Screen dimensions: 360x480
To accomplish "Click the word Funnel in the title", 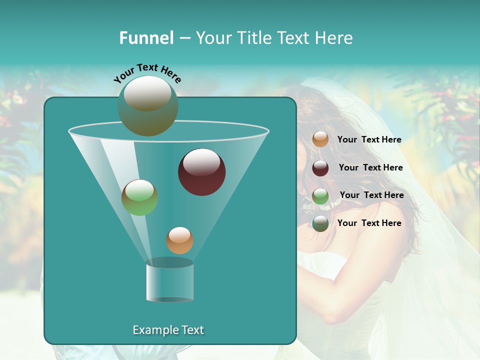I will tap(146, 38).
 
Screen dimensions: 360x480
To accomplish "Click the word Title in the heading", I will tap(253, 38).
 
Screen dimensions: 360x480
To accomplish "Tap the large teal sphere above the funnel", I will tap(147, 105).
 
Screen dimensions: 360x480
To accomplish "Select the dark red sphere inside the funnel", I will tap(201, 172).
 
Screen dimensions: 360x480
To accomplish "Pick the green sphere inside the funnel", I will tap(139, 197).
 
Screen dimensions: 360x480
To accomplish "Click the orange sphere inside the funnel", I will tap(179, 240).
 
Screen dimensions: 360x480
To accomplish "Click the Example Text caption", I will tap(168, 330).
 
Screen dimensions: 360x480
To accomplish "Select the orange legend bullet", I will tap(320, 139).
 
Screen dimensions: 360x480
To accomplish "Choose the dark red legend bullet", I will tap(320, 168).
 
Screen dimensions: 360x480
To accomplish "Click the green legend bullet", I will tap(320, 196).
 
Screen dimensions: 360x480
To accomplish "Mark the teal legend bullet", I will tap(320, 223).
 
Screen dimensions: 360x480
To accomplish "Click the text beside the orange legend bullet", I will tap(369, 139).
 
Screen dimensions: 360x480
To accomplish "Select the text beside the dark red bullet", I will tap(370, 167).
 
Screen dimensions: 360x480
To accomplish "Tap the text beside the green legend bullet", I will tap(371, 195).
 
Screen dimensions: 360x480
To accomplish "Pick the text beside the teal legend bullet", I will tap(369, 223).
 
